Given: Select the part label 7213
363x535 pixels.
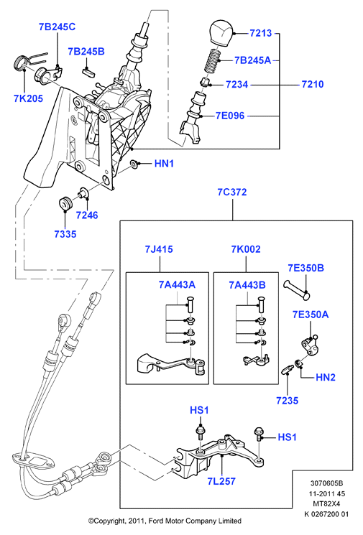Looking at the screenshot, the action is pyautogui.click(x=260, y=33).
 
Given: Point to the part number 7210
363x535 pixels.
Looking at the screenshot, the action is pyautogui.click(x=313, y=84).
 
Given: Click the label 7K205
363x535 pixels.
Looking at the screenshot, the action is pyautogui.click(x=28, y=98).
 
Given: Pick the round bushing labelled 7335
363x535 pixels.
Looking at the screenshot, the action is pyautogui.click(x=64, y=204).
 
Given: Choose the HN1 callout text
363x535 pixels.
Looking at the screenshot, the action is pyautogui.click(x=165, y=164).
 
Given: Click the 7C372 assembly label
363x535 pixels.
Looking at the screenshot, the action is pyautogui.click(x=232, y=192).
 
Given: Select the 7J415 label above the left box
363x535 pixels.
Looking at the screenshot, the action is pyautogui.click(x=159, y=249).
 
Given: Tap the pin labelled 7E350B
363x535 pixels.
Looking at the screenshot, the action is pyautogui.click(x=296, y=289).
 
